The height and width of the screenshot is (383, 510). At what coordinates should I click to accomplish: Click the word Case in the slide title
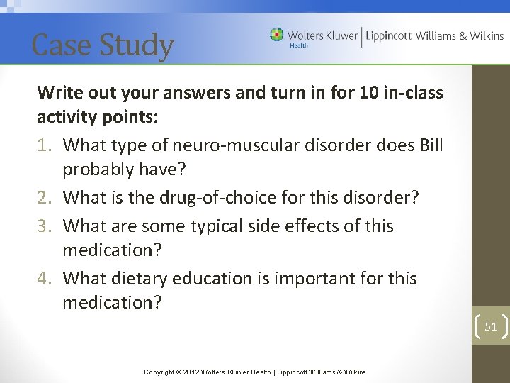click(61, 45)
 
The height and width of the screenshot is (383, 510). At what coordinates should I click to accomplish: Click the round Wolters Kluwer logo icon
click(276, 35)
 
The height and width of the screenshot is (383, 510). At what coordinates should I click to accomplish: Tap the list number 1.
click(44, 145)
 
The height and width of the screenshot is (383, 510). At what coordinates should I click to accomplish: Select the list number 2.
click(44, 197)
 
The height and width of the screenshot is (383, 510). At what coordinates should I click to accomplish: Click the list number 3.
click(44, 226)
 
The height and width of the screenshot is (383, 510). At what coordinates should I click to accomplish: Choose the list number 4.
click(44, 278)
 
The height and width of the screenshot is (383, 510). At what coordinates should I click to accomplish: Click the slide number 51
click(490, 326)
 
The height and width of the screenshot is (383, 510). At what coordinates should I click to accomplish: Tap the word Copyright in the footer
click(161, 372)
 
